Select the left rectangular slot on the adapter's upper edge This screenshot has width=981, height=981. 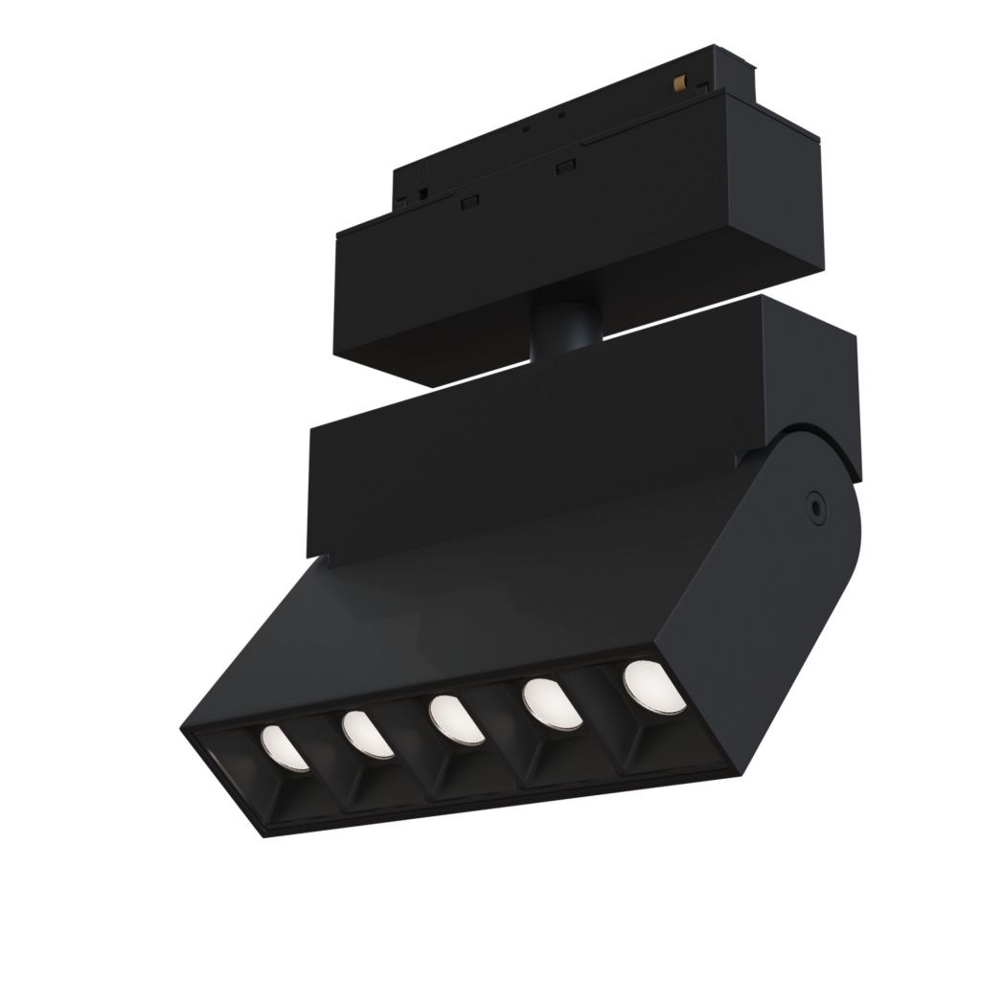pos(468,202)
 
